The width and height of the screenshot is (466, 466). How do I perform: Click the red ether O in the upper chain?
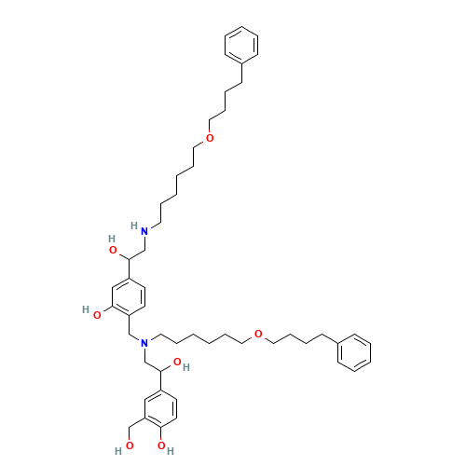[x=209, y=138]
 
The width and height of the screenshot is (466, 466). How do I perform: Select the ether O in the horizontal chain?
[x=258, y=333]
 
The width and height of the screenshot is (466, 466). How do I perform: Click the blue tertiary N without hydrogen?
[x=144, y=343]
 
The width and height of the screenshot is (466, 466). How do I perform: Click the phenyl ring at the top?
[x=242, y=45]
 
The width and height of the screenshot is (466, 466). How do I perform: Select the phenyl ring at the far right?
[x=355, y=353]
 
